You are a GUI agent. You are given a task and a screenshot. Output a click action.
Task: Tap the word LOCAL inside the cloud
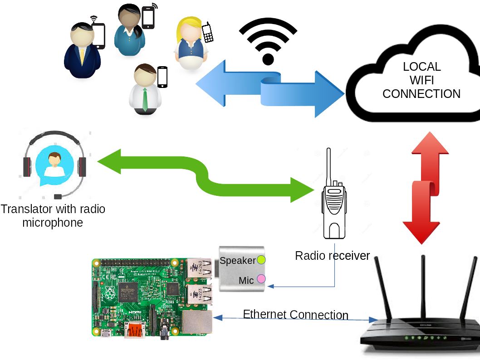tap(422, 67)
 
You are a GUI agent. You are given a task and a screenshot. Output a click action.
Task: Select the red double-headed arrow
tap(426, 188)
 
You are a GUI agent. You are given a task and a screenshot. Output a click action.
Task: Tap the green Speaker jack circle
tap(261, 260)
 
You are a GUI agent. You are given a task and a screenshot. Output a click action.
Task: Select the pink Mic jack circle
tap(261, 279)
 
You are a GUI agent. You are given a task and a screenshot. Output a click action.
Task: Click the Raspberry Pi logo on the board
tap(109, 294)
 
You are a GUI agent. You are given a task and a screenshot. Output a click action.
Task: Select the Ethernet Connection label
tap(296, 315)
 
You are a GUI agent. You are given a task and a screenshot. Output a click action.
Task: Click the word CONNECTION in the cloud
tap(421, 94)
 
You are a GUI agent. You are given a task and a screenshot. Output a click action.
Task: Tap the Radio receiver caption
tap(333, 256)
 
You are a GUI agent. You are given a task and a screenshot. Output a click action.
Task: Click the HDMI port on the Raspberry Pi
tap(135, 330)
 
